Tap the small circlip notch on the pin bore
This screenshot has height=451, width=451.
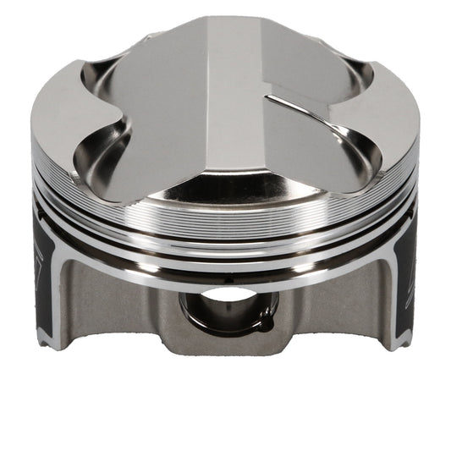(264, 322)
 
